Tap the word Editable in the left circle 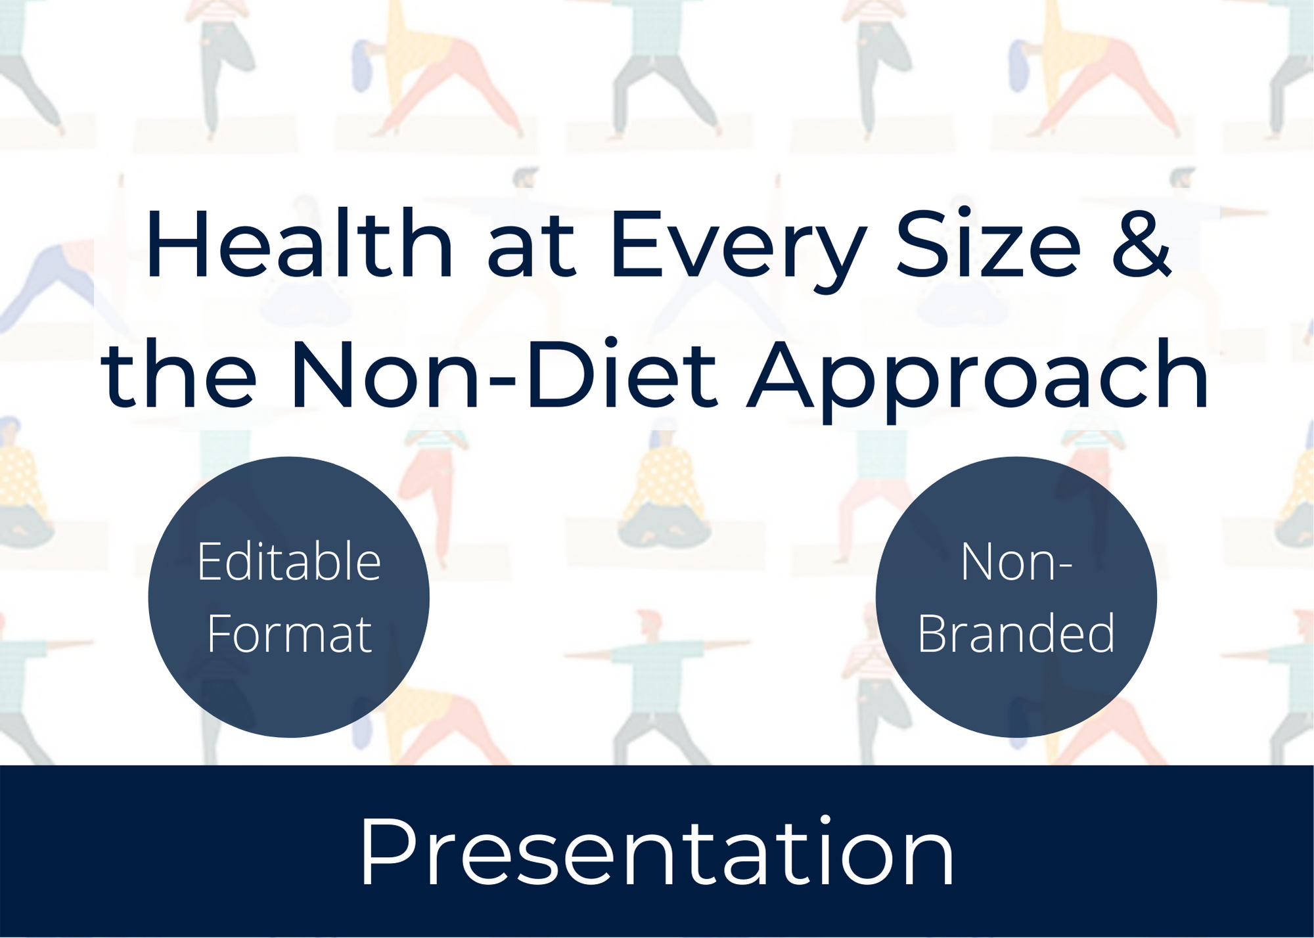point(289,562)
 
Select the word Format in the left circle point(289,634)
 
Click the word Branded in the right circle point(1016,634)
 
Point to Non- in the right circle point(1016,562)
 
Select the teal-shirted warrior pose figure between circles point(657,683)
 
